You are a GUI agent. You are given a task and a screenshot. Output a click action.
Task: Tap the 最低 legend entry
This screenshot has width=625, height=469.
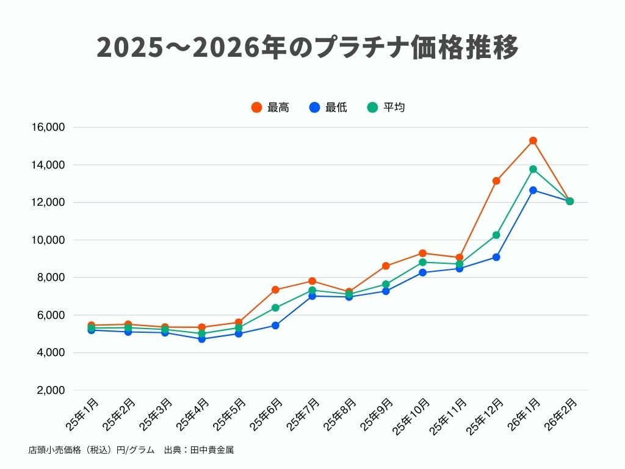pyautogui.click(x=328, y=107)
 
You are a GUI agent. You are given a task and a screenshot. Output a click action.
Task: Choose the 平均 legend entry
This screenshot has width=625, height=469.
pyautogui.click(x=386, y=107)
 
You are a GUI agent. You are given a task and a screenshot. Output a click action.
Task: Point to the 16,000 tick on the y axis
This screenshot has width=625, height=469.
pyautogui.click(x=47, y=128)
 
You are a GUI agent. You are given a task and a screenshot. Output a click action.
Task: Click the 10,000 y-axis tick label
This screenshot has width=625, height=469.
pyautogui.click(x=47, y=240)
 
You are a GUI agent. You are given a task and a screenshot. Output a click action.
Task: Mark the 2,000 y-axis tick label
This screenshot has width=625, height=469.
pyautogui.click(x=49, y=390)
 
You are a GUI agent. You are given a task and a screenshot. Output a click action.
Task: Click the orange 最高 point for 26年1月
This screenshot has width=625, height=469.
pyautogui.click(x=533, y=140)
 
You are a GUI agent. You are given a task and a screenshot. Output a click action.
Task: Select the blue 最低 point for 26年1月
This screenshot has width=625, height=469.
pyautogui.click(x=533, y=190)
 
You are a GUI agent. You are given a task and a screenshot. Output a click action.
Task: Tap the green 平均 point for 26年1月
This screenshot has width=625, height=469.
pyautogui.click(x=533, y=169)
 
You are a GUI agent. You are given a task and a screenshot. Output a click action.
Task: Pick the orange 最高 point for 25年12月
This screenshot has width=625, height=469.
pyautogui.click(x=496, y=181)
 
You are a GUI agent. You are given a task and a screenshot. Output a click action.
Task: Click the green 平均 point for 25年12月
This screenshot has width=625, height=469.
pyautogui.click(x=496, y=235)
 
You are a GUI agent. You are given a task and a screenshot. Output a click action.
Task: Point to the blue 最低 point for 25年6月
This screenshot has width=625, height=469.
pyautogui.click(x=275, y=325)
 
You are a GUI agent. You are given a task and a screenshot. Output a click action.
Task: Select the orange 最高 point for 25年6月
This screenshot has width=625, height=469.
pyautogui.click(x=275, y=289)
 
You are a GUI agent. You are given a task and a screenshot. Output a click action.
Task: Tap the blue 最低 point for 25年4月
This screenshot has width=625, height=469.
pyautogui.click(x=201, y=339)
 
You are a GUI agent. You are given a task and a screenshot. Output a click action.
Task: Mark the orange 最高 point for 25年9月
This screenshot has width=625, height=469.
pyautogui.click(x=386, y=266)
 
